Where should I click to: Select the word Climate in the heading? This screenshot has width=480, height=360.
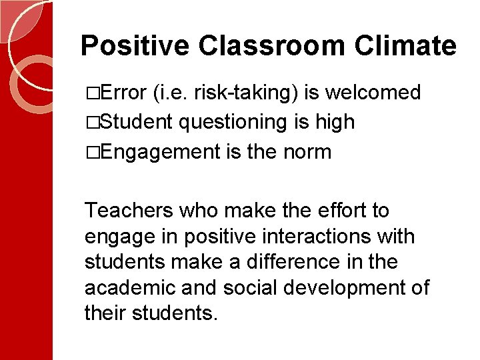405,46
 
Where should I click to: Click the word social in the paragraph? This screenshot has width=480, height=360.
250,288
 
